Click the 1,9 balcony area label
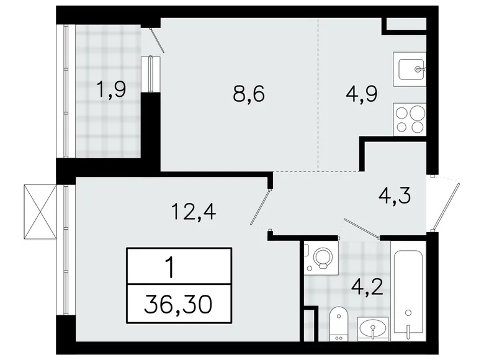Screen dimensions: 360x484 coord(111,91)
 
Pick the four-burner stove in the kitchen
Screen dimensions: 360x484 coord(410,120)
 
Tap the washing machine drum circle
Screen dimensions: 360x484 coord(321,258)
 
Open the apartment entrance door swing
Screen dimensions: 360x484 coord(447,205)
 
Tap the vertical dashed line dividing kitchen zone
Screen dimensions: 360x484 coord(318,93)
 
